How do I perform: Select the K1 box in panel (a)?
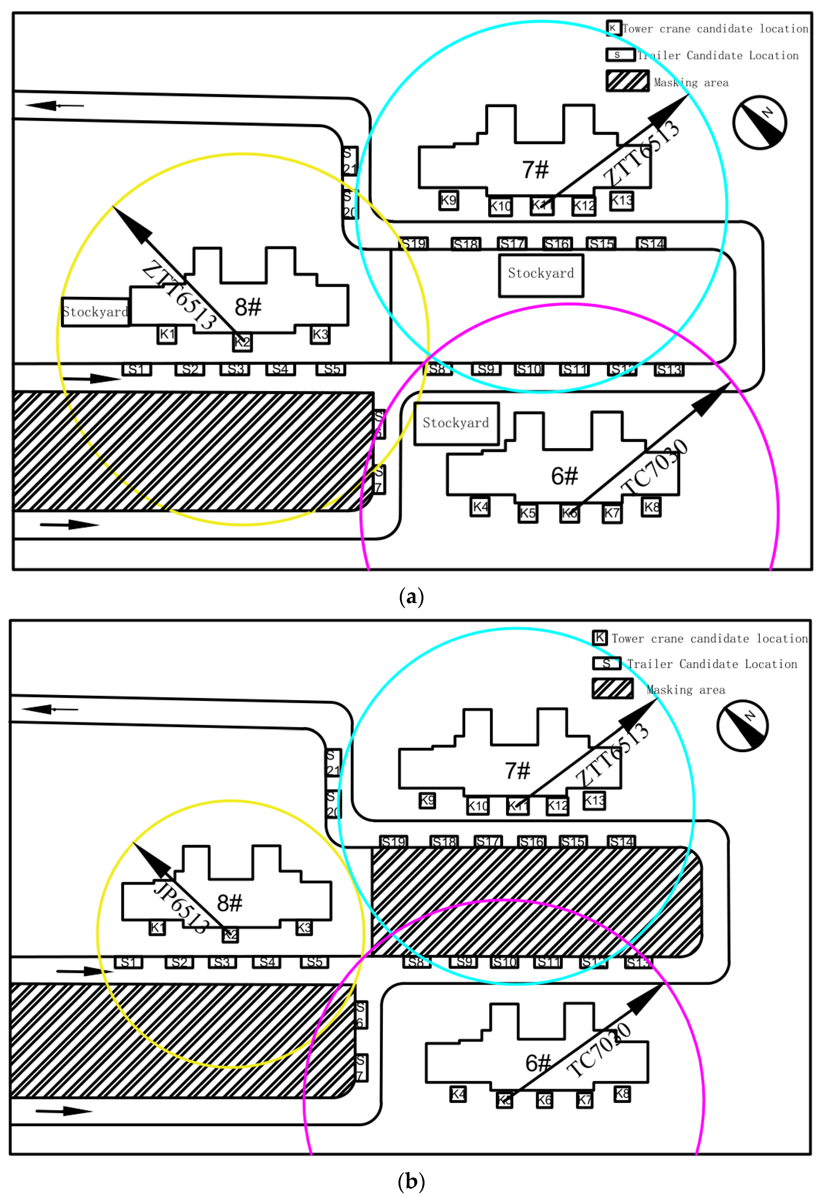(x=167, y=334)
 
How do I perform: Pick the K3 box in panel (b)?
(x=304, y=927)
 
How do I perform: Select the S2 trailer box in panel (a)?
(x=190, y=369)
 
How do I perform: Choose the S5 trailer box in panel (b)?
(x=314, y=962)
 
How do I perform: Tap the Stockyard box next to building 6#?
(x=456, y=423)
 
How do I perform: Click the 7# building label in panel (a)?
(x=535, y=170)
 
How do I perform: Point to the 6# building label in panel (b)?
(x=538, y=1063)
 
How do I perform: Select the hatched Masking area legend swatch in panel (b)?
(x=612, y=688)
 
